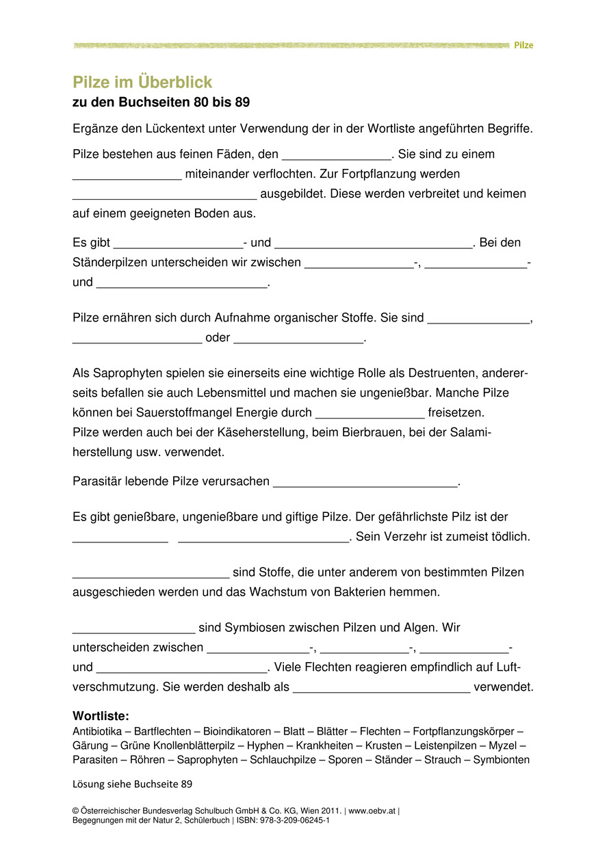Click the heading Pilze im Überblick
[142, 83]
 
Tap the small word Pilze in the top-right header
[523, 45]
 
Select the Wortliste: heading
[101, 716]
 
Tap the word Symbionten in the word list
[501, 760]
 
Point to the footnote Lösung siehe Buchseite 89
[137, 784]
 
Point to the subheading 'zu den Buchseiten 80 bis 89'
[161, 103]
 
